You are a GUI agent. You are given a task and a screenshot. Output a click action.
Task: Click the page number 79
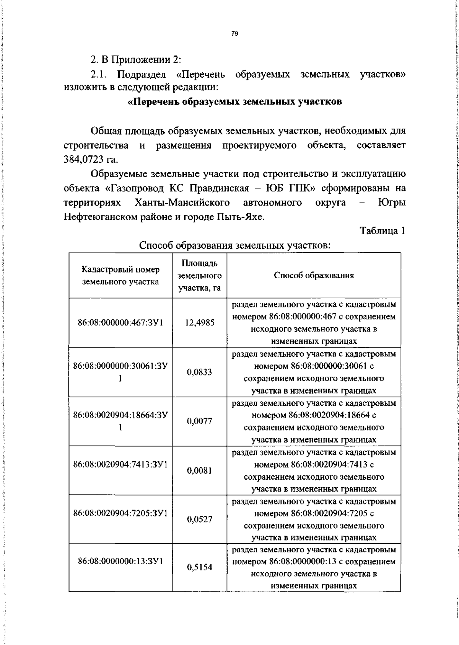pyautogui.click(x=235, y=34)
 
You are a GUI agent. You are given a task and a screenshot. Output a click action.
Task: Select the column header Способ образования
pyautogui.click(x=314, y=276)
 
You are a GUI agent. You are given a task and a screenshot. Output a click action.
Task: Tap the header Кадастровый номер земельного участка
pyautogui.click(x=120, y=276)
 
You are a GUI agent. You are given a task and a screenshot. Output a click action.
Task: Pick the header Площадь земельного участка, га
pyautogui.click(x=199, y=276)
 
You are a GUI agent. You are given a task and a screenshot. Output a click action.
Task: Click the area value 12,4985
pyautogui.click(x=199, y=323)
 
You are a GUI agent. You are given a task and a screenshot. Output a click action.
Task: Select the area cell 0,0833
pyautogui.click(x=199, y=372)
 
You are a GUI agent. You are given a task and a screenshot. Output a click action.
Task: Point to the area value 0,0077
pyautogui.click(x=199, y=421)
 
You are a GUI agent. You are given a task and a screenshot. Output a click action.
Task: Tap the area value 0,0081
pyautogui.click(x=199, y=470)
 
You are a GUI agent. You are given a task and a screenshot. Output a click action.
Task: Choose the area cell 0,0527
pyautogui.click(x=199, y=519)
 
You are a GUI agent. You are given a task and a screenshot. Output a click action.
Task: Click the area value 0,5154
pyautogui.click(x=199, y=567)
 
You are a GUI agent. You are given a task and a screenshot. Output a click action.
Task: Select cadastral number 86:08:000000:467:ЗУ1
pyautogui.click(x=120, y=323)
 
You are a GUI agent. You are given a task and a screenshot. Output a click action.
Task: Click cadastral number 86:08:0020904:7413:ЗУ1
pyautogui.click(x=120, y=464)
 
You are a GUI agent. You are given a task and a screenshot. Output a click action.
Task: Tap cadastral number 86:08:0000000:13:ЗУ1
pyautogui.click(x=120, y=561)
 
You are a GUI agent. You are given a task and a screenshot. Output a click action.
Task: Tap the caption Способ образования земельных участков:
pyautogui.click(x=235, y=245)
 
